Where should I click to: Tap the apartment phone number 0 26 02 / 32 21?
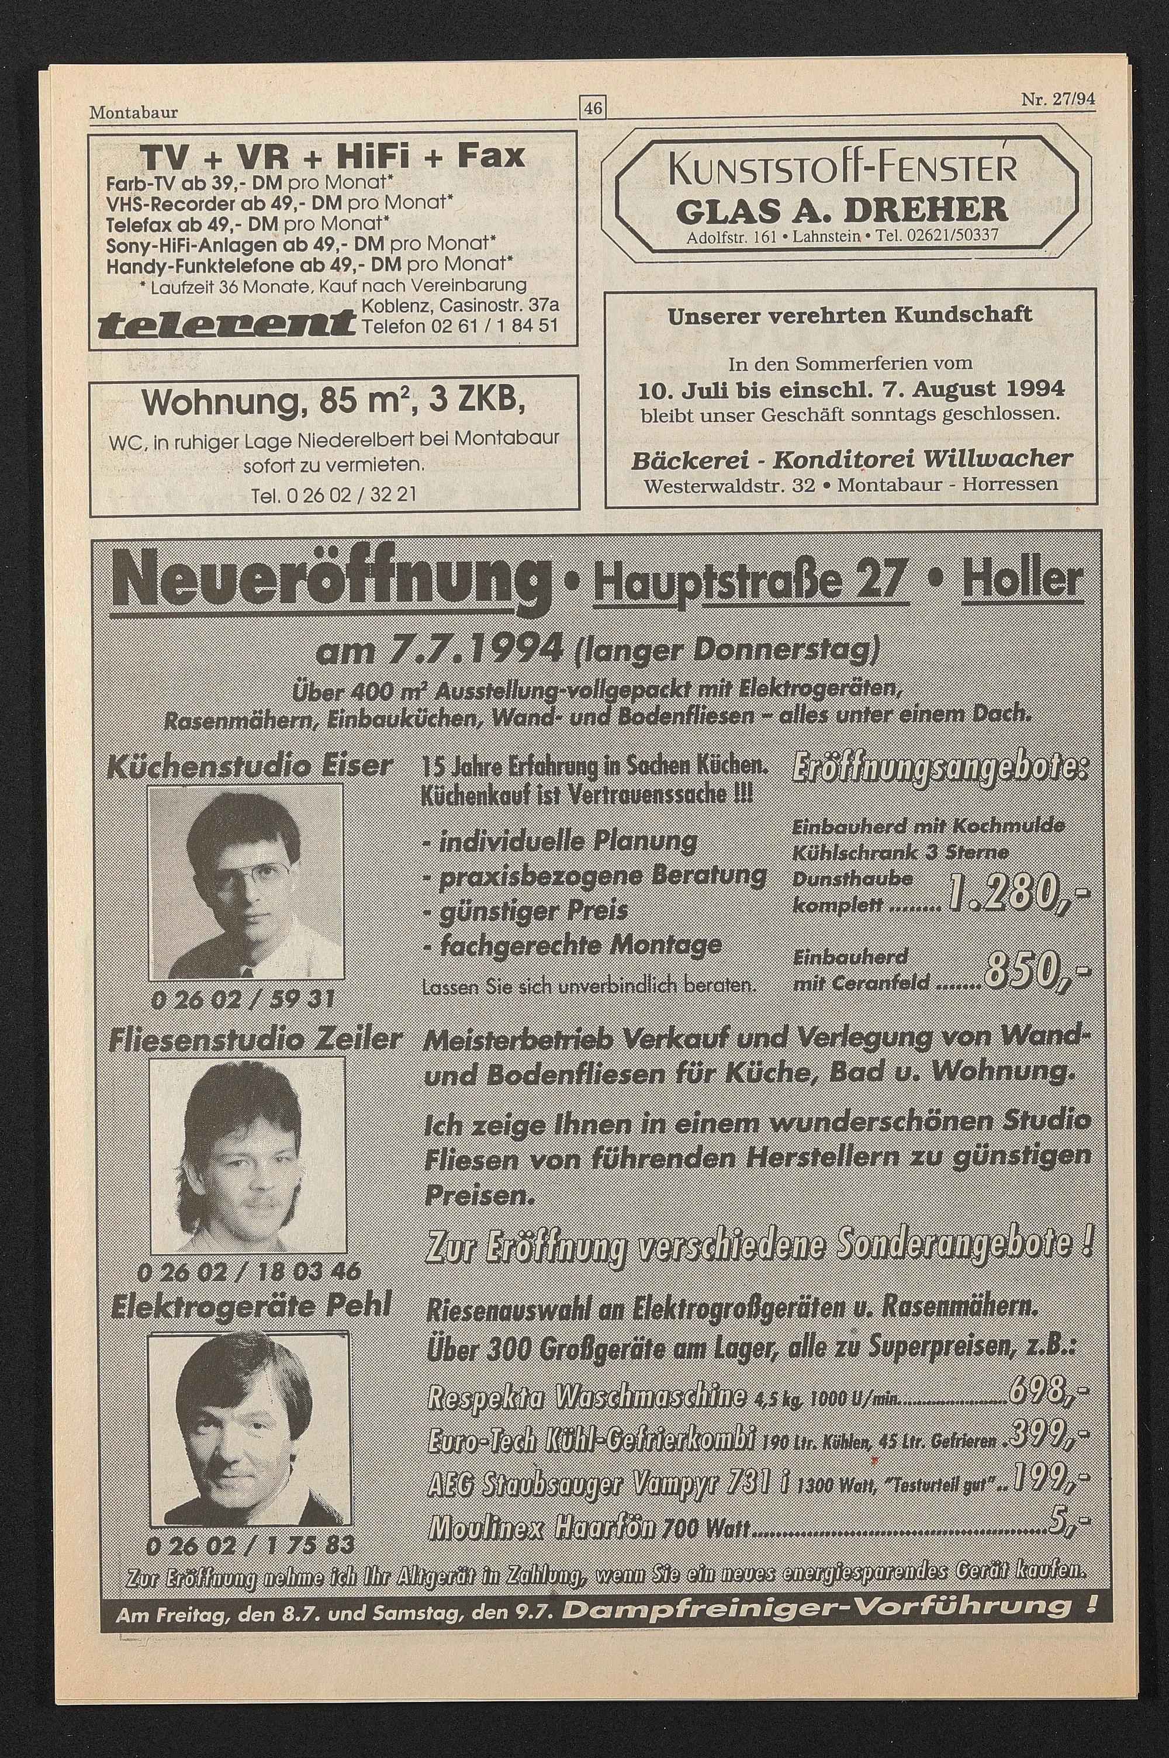334,495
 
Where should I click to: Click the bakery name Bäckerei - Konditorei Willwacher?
852,459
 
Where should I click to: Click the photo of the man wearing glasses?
245,883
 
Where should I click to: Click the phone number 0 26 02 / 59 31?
243,999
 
